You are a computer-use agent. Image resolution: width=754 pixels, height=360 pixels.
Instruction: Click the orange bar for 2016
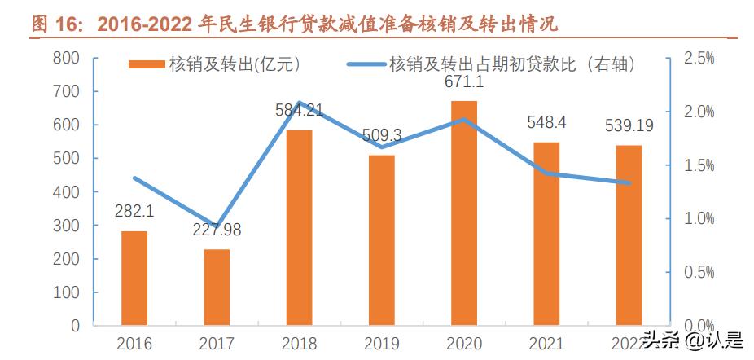click(134, 278)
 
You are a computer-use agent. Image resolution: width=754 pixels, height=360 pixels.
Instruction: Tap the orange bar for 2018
click(299, 227)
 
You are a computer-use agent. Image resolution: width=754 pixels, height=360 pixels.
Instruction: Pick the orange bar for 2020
click(464, 213)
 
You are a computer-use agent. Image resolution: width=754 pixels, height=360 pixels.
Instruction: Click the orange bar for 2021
click(546, 234)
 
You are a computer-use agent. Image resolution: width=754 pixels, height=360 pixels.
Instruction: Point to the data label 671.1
click(464, 82)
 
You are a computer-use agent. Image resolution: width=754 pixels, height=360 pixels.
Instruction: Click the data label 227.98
click(217, 230)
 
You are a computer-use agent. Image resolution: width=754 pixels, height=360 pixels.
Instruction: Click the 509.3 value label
click(382, 134)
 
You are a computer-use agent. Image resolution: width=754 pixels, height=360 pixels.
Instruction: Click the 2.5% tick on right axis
click(699, 58)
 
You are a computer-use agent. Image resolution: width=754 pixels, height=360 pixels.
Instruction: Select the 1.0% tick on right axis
click(699, 218)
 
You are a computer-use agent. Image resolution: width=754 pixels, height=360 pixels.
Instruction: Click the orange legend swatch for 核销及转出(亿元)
click(147, 65)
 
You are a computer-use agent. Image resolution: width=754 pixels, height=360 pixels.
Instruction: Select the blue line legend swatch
click(364, 65)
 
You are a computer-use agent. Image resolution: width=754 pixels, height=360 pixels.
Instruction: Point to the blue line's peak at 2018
click(299, 103)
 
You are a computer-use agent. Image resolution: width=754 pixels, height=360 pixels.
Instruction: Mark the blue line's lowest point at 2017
click(217, 225)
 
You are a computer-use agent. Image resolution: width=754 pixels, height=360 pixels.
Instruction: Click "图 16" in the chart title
click(57, 24)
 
